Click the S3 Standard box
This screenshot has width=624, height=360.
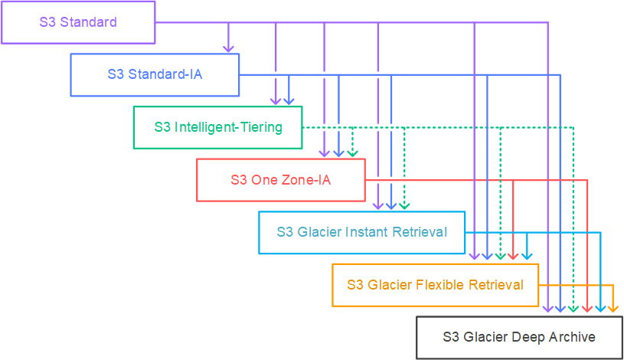(78, 21)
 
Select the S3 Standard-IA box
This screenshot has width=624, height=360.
(155, 74)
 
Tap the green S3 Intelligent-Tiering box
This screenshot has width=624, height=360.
(218, 127)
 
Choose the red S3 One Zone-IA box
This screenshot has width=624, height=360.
(281, 180)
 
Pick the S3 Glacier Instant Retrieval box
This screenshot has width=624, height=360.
(362, 232)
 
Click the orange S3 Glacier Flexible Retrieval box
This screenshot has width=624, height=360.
(435, 285)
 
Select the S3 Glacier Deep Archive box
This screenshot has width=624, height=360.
(519, 337)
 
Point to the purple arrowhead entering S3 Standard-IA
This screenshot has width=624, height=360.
(227, 49)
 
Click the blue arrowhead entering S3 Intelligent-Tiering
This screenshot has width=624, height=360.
(289, 101)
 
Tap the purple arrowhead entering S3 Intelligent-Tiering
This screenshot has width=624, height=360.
(276, 101)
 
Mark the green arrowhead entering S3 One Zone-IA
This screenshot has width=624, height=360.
(352, 153)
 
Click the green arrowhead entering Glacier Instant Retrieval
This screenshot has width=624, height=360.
(404, 206)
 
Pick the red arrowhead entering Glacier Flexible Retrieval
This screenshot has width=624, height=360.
(513, 258)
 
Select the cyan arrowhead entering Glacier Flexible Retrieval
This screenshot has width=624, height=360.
(526, 258)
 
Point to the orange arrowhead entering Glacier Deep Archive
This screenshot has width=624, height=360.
(613, 310)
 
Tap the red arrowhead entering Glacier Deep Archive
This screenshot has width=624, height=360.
(587, 310)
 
